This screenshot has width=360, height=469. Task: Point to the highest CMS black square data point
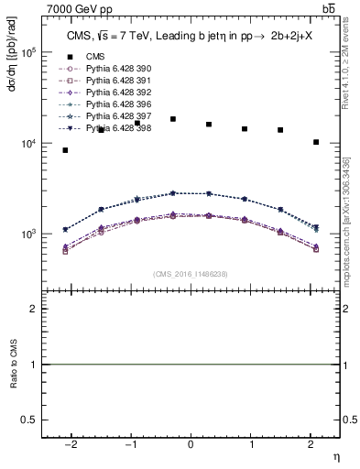[x=173, y=119]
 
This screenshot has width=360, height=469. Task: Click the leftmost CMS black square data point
[x=65, y=150]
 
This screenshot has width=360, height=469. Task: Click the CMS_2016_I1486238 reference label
[x=191, y=275]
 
